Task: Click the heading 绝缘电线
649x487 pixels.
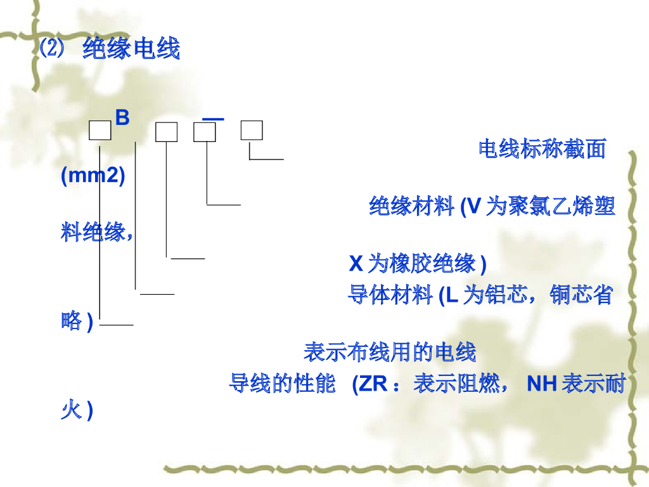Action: [x=131, y=49]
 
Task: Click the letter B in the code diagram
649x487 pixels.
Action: [x=122, y=118]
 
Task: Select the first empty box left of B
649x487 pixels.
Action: [x=100, y=131]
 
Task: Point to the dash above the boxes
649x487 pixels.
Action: [x=213, y=118]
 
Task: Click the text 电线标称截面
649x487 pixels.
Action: [x=542, y=149]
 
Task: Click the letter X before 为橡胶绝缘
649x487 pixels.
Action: [x=356, y=263]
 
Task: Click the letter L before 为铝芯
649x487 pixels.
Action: [x=452, y=295]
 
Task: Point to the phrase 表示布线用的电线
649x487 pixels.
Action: [x=390, y=351]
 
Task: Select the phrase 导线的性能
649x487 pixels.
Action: [x=282, y=384]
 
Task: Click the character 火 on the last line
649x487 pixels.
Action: [x=70, y=411]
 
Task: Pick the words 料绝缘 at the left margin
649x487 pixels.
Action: [x=93, y=232]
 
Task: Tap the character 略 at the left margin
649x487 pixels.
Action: [x=72, y=321]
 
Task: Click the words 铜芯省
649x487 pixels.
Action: [x=581, y=295]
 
